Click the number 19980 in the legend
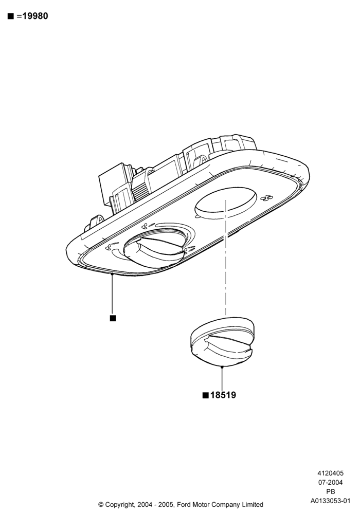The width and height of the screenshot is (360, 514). click(35, 16)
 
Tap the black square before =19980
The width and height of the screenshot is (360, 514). click(10, 16)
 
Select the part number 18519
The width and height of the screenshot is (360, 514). click(223, 395)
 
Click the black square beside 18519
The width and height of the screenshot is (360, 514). click(206, 395)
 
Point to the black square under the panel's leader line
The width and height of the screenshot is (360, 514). click(113, 318)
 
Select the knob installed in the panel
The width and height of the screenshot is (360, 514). click(154, 250)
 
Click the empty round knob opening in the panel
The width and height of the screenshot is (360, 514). click(226, 201)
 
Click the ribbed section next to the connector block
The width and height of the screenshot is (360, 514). click(140, 190)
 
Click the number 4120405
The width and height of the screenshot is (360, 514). click(330, 473)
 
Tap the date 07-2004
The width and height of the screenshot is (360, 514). click(331, 482)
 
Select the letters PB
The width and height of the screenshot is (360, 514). click(331, 491)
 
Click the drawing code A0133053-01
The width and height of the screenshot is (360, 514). click(331, 501)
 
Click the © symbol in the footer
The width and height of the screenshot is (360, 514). click(101, 504)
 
